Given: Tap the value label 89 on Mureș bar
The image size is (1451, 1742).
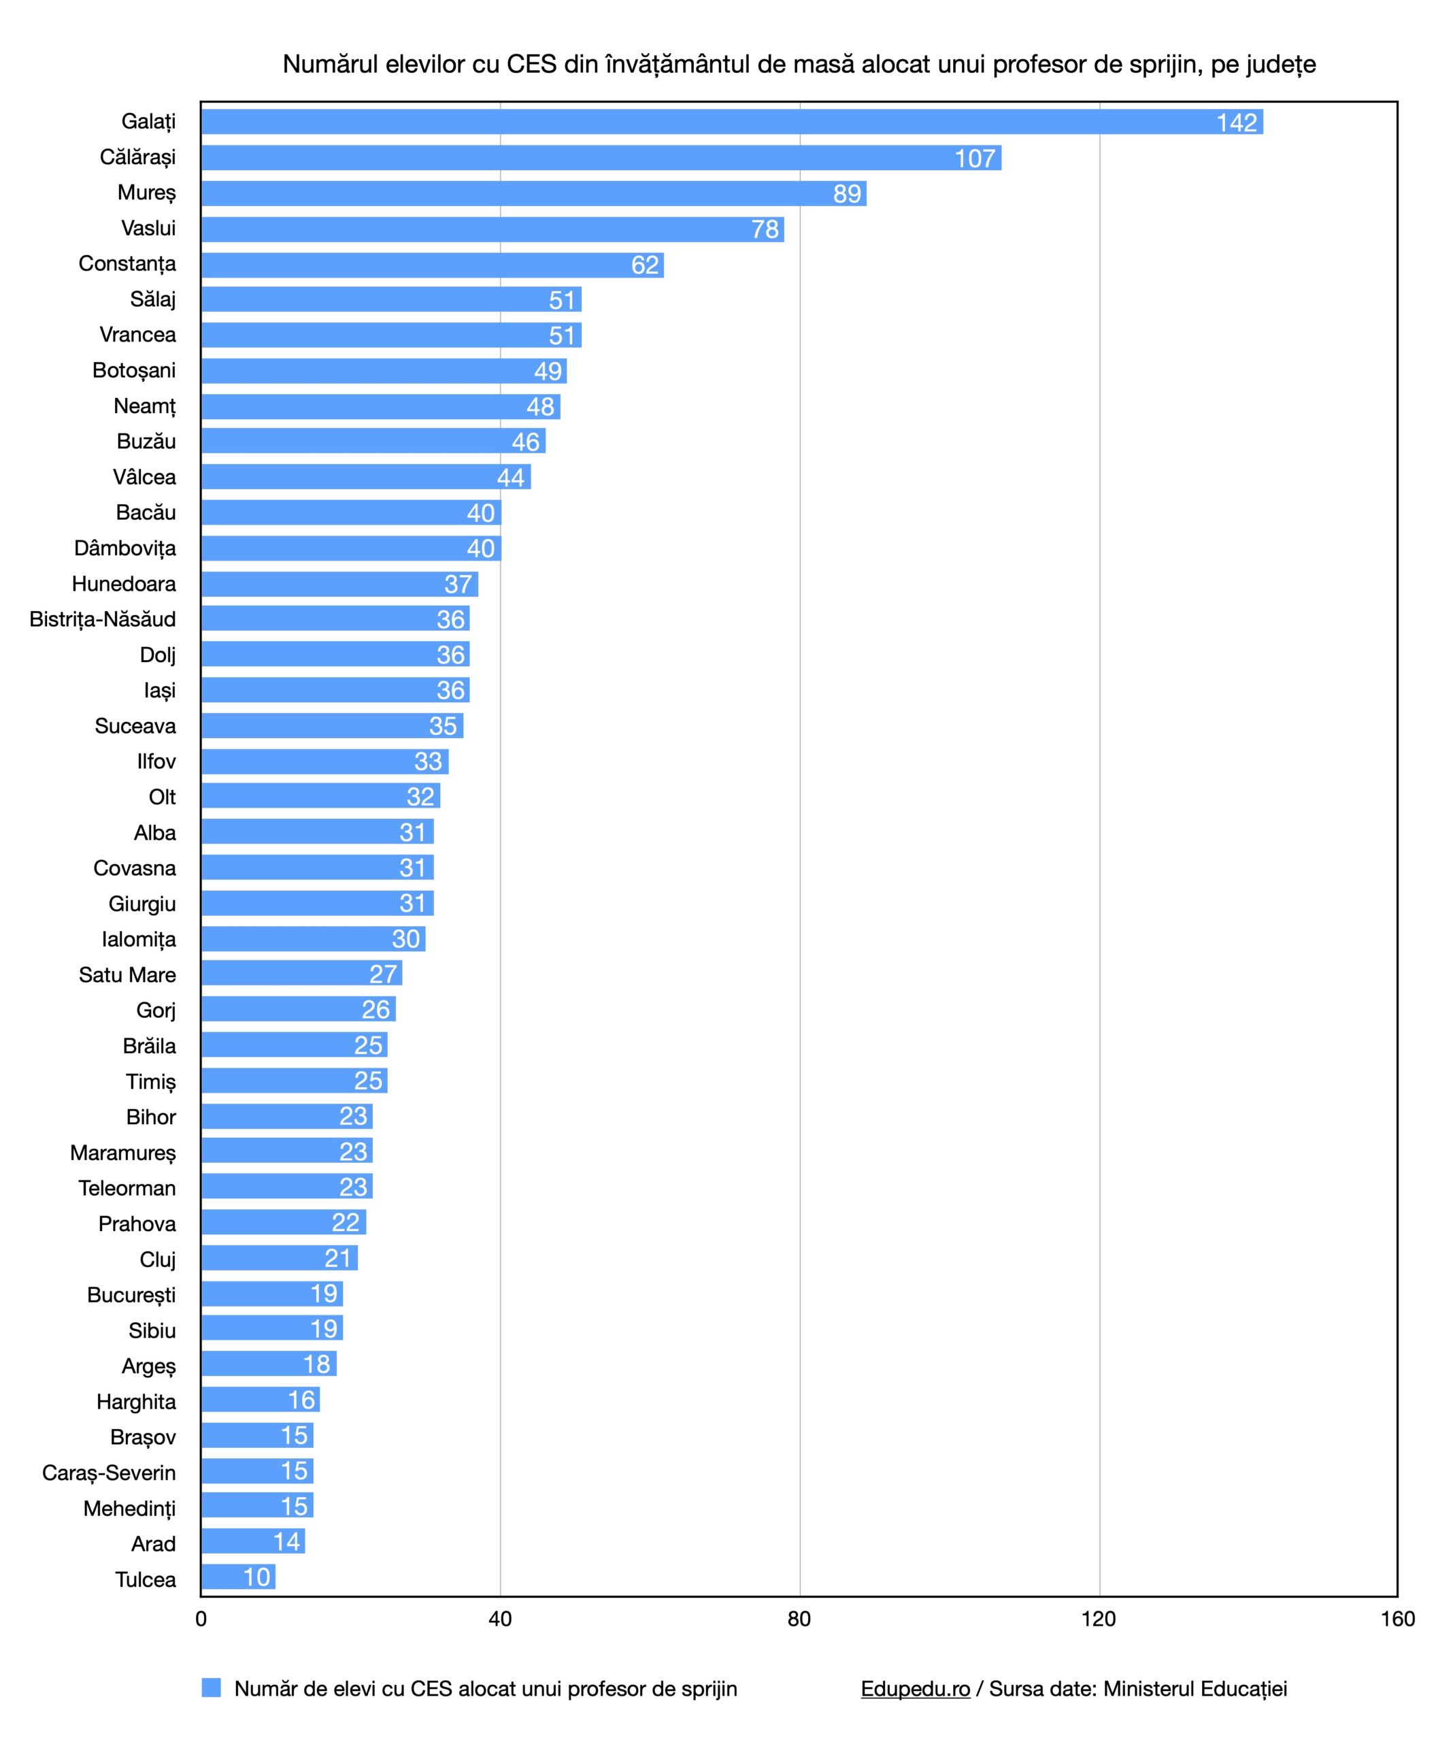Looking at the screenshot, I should click(846, 193).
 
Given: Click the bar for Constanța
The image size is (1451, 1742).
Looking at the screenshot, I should click(431, 265).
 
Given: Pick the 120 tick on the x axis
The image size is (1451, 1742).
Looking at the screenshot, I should click(1099, 1618).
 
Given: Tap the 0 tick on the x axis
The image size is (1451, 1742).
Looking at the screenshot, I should click(201, 1618).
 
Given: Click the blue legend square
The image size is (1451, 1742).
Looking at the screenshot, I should click(211, 1688).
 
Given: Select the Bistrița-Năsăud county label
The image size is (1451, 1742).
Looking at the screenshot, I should click(103, 619).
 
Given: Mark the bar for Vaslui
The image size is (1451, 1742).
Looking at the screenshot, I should click(492, 229).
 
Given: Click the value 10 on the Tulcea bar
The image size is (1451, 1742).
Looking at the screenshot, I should click(257, 1577).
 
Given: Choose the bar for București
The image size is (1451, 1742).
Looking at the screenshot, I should click(271, 1293).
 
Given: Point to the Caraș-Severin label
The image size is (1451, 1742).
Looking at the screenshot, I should click(110, 1473).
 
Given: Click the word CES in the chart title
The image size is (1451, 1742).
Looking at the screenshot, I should click(531, 64).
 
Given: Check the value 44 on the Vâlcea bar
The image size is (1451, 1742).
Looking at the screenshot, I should click(511, 477).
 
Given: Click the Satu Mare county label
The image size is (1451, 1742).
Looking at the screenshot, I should click(127, 974).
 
